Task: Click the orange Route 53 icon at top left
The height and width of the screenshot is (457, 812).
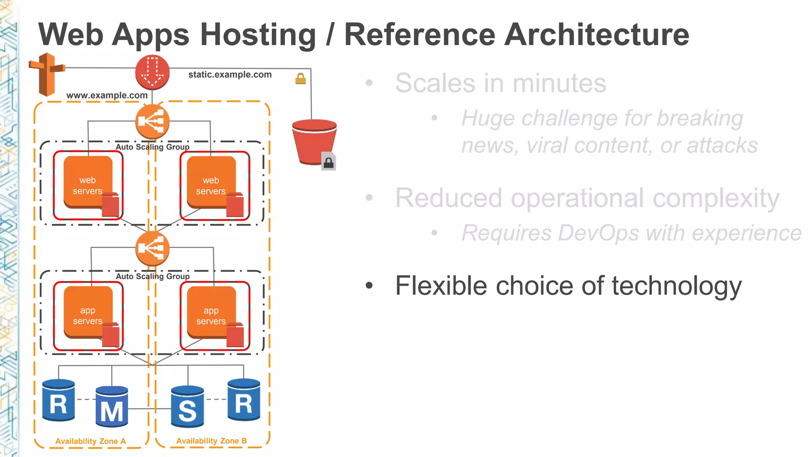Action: [x=47, y=74]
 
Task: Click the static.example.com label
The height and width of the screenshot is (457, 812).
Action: [x=230, y=75]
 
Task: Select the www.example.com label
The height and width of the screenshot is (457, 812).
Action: [x=107, y=95]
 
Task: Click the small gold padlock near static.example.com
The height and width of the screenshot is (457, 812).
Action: [x=301, y=79]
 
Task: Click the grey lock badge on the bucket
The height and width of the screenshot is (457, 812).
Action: [x=328, y=162]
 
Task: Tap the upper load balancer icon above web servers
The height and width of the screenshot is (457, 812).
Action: [x=152, y=122]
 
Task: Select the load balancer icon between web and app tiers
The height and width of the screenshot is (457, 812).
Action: [x=152, y=249]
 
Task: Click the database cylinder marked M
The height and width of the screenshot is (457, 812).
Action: [x=112, y=407]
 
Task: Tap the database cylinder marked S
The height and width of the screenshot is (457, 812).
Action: [x=188, y=407]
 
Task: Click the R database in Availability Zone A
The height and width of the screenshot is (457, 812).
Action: [x=59, y=401]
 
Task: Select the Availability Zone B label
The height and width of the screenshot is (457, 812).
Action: [x=211, y=441]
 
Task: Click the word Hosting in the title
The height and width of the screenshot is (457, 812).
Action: [x=258, y=35]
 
